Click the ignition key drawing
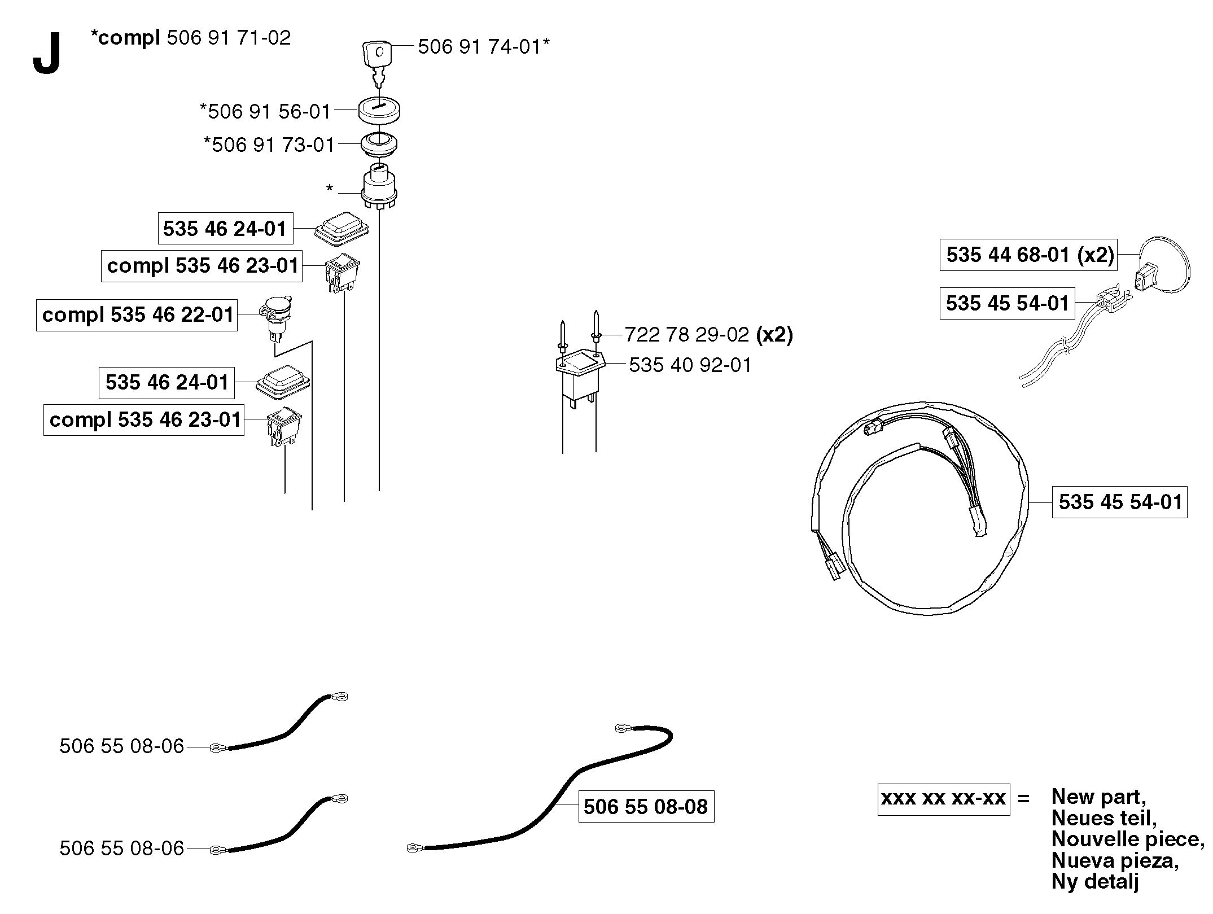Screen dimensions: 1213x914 pyautogui.click(x=376, y=62)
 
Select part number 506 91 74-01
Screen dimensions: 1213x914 pyautogui.click(x=484, y=46)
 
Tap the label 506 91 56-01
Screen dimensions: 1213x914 pyautogui.click(x=265, y=111)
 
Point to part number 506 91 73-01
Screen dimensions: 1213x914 pyautogui.click(x=270, y=145)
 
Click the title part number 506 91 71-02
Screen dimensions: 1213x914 pyautogui.click(x=229, y=38)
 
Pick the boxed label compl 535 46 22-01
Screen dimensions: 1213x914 pyautogui.click(x=137, y=315)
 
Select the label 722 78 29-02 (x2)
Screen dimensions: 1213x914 pyautogui.click(x=709, y=335)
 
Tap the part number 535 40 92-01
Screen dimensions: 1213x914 pyautogui.click(x=690, y=365)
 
